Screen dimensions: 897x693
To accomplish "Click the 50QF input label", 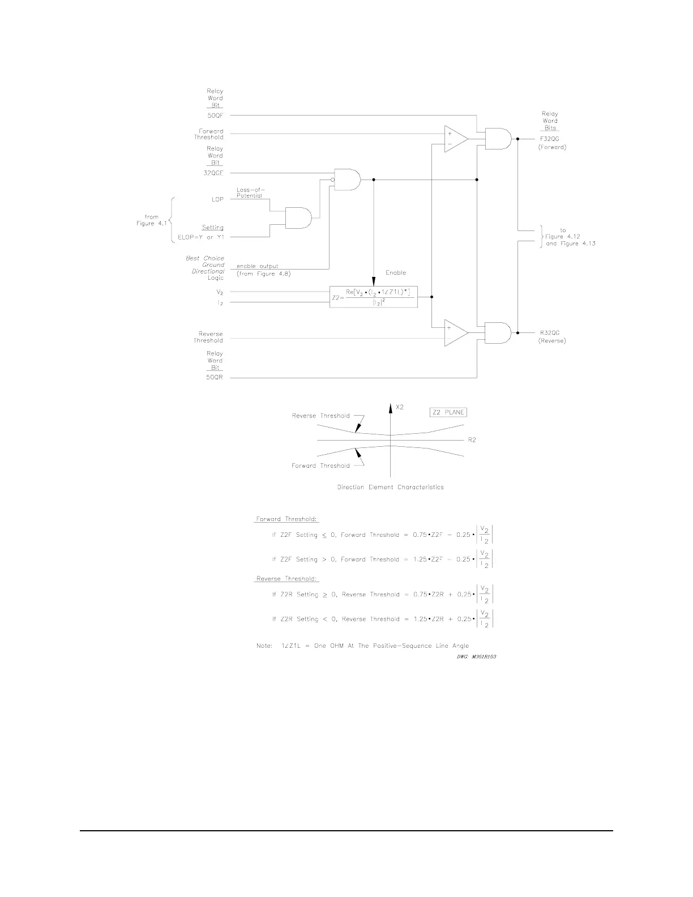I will (x=215, y=116).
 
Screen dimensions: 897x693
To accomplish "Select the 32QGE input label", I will (x=213, y=173).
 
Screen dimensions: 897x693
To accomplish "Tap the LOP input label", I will (x=217, y=199).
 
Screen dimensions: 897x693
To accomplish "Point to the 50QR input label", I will (x=215, y=378).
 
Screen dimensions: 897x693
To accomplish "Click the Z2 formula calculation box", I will (x=374, y=297).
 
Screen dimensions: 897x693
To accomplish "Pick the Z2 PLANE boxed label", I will (x=448, y=412).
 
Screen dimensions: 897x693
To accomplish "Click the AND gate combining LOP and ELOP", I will (x=298, y=217).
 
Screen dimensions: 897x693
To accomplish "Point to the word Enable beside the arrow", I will (x=396, y=272).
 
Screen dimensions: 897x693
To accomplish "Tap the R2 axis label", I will (x=472, y=440).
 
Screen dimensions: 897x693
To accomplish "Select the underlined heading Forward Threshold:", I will (x=287, y=519).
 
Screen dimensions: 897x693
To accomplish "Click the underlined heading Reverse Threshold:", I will (x=287, y=579).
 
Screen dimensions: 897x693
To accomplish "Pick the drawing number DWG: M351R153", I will (x=473, y=657).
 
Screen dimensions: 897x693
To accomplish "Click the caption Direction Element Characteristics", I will (x=390, y=487).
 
